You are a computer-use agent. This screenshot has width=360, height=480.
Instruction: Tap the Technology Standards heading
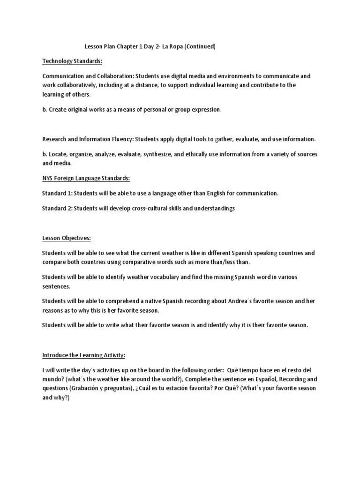pos(72,61)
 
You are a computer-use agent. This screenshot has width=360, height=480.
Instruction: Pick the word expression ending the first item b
pos(204,110)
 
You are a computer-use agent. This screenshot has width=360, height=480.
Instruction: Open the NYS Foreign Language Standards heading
pos(86,178)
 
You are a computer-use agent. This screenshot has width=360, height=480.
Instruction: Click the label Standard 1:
pos(57,193)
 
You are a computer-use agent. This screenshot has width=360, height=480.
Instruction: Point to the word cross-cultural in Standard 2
pos(148,208)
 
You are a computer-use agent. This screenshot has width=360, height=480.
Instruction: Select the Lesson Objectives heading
pos(67,238)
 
